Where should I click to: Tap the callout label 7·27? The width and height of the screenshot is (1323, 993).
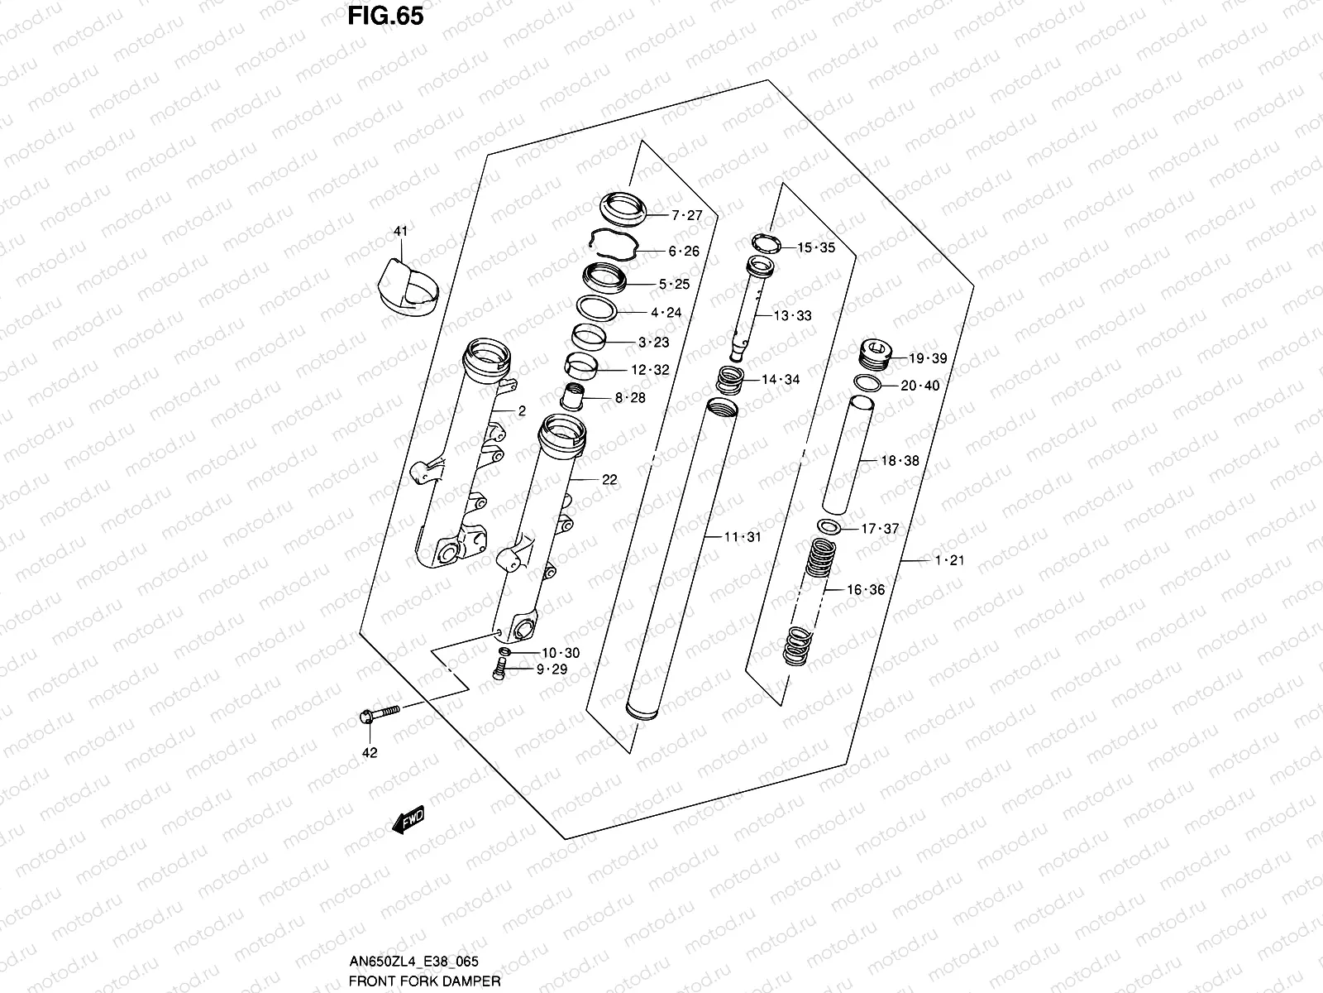pos(686,215)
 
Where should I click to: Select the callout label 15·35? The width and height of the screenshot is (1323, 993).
pos(815,247)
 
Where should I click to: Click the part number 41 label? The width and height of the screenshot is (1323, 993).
pos(400,233)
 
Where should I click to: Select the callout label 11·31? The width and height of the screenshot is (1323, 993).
pos(742,537)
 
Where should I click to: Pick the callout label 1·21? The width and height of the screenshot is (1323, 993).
pos(949,560)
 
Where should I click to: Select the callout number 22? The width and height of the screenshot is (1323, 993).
pos(609,480)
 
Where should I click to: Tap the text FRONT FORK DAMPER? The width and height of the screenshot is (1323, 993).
pos(424,981)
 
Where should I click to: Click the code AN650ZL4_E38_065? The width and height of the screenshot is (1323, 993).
pos(413,962)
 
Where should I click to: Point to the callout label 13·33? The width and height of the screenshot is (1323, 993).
pos(792,315)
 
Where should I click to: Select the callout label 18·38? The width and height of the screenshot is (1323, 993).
pos(900,461)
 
